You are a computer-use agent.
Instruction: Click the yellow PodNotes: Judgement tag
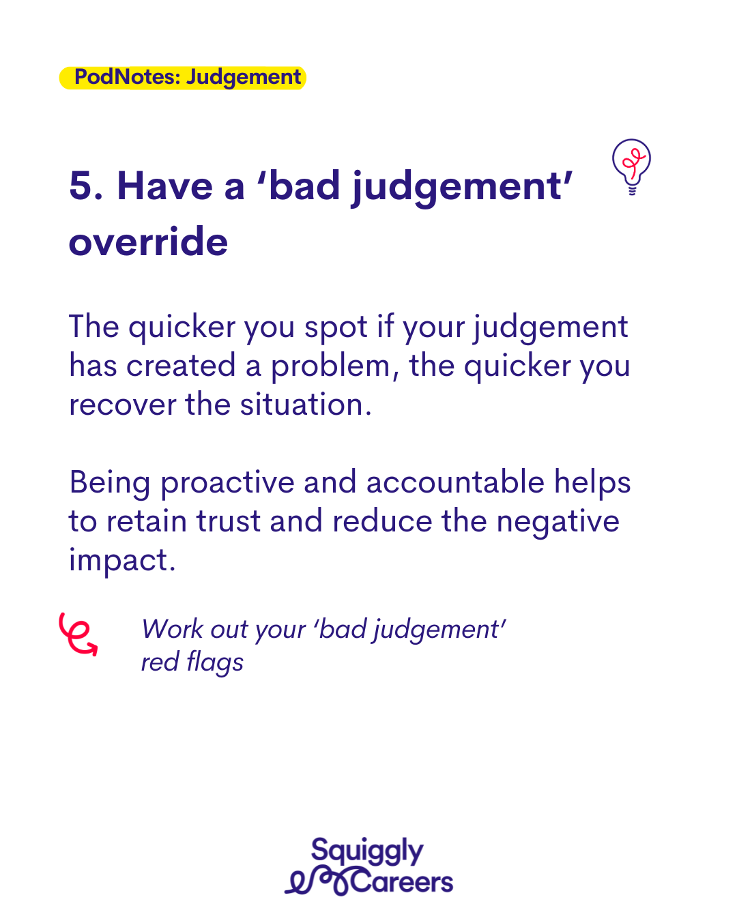(182, 78)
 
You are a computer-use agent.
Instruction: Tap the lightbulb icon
(631, 166)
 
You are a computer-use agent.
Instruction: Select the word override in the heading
(148, 242)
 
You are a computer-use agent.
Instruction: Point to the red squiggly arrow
(78, 634)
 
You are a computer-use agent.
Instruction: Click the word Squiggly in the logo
(367, 850)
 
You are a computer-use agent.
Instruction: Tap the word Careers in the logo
(401, 882)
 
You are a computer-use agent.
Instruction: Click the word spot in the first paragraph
(336, 327)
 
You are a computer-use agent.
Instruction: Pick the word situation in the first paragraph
(305, 405)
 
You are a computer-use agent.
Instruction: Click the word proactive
(227, 483)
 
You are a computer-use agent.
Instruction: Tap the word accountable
(455, 482)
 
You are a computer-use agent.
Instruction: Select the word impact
(122, 561)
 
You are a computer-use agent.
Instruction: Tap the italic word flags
(216, 662)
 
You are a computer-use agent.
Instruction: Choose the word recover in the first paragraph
(122, 405)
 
